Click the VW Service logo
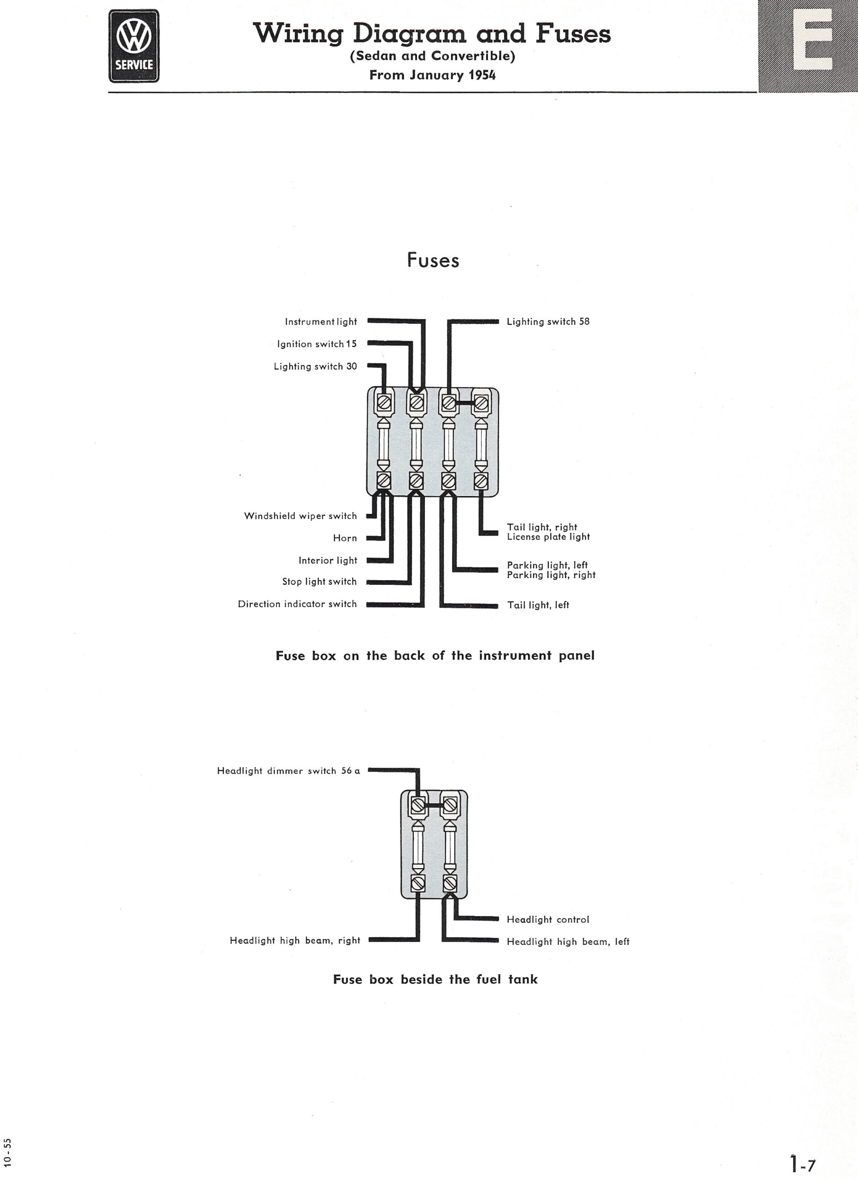(134, 46)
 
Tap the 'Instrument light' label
(321, 322)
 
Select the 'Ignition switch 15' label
(317, 344)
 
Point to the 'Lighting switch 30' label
(315, 367)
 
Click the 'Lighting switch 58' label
(548, 322)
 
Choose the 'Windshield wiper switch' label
(300, 516)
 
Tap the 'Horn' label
(345, 538)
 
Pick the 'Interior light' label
(328, 560)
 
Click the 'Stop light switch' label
(319, 582)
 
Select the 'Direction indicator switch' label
(297, 604)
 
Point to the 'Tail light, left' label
(538, 605)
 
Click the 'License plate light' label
(548, 537)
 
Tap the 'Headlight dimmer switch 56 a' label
(288, 771)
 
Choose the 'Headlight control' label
(548, 920)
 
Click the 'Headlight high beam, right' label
(295, 940)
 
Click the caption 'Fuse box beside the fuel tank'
(435, 980)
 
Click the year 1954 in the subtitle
(482, 76)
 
